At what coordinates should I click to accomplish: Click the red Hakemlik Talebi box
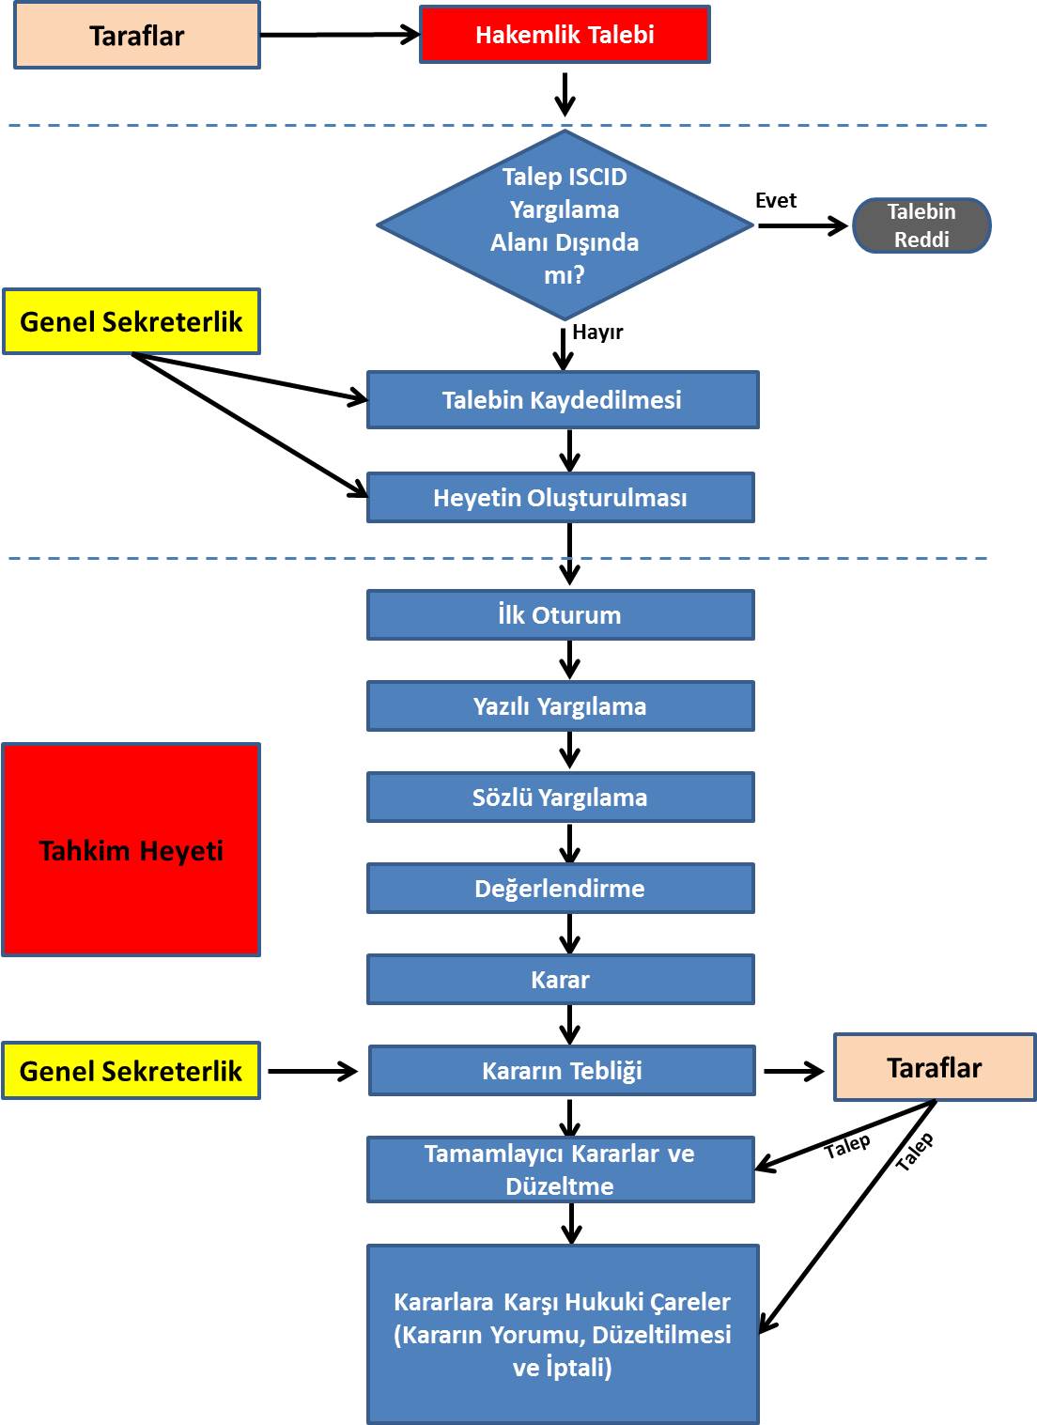tap(565, 35)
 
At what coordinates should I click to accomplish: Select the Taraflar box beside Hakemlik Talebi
tap(137, 36)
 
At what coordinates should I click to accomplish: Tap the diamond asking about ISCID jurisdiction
tap(565, 225)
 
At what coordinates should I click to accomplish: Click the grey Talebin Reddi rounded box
tap(921, 225)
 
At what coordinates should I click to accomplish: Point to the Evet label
tap(776, 201)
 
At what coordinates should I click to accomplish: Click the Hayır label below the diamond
tap(597, 333)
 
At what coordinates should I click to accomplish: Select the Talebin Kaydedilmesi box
tap(562, 400)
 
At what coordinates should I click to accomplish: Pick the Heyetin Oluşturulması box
tap(560, 498)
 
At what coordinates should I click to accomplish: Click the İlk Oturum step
tap(560, 615)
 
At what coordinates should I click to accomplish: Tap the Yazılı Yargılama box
tap(560, 706)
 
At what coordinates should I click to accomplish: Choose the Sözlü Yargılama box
tap(560, 798)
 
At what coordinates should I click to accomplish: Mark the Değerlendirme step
tap(560, 889)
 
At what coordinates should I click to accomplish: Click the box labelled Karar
tap(560, 980)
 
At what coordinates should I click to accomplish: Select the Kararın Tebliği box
tap(562, 1071)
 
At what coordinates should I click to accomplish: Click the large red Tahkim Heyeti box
tap(132, 850)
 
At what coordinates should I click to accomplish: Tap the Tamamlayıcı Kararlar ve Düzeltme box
tap(560, 1169)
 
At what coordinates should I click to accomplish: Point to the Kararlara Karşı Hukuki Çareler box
tap(563, 1334)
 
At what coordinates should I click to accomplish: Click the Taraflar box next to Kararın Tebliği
tap(935, 1068)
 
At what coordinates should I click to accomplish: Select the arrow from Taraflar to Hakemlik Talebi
tap(339, 35)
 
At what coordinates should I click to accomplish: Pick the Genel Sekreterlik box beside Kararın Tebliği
tap(132, 1071)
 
